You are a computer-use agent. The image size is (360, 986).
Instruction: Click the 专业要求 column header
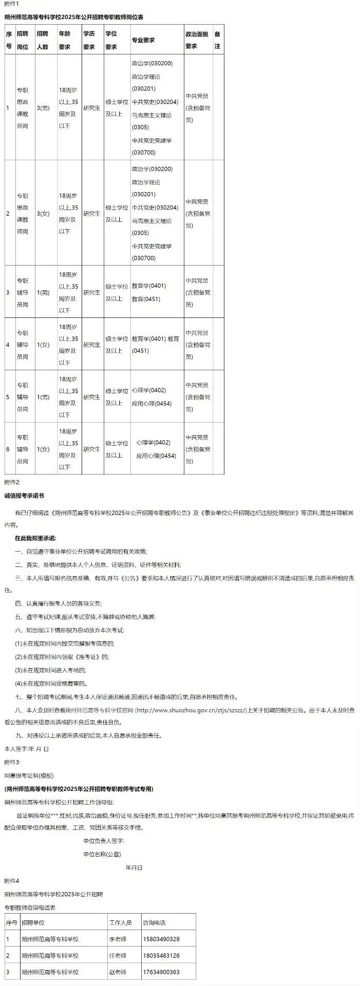[x=143, y=40]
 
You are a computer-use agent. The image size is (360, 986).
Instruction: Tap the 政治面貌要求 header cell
[x=198, y=40]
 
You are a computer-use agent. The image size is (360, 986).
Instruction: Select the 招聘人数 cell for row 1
[x=43, y=108]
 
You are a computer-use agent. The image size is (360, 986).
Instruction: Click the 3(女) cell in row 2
[x=43, y=214]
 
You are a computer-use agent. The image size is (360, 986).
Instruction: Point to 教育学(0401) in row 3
[x=149, y=286]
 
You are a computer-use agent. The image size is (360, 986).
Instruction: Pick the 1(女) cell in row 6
[x=43, y=449]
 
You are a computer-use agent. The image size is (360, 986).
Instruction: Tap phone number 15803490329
[x=161, y=939]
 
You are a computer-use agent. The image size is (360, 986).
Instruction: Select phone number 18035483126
[x=161, y=956]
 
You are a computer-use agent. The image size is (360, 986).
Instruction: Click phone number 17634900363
[x=161, y=972]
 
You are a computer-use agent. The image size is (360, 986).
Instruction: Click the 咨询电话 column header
[x=154, y=923]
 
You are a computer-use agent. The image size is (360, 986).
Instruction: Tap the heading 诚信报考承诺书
[x=24, y=496]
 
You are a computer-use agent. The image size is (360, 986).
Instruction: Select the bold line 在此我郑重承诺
[x=35, y=538]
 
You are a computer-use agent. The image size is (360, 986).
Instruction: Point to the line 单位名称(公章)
[x=102, y=854]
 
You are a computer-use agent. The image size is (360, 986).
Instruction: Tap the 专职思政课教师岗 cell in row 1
[x=23, y=108]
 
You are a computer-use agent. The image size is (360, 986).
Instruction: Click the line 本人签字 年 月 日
[x=26, y=749]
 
